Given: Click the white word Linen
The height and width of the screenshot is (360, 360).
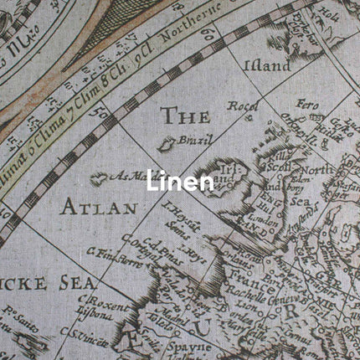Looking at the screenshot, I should click(180, 181).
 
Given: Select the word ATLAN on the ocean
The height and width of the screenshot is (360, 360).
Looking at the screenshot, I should click(98, 207).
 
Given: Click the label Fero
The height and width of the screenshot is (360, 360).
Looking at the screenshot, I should click(307, 105).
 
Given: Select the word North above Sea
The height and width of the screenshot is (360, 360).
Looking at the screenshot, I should click(321, 170).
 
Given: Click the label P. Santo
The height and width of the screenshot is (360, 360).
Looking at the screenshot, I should click(14, 318).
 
